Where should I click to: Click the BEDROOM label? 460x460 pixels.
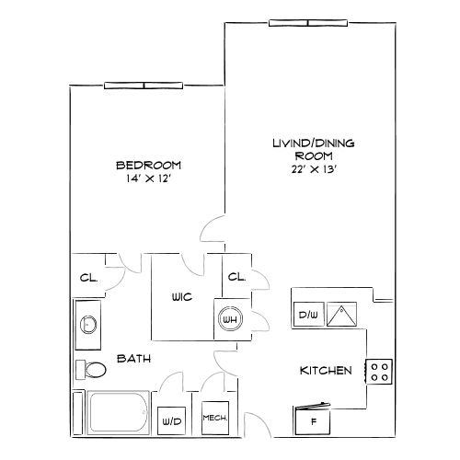[x=149, y=166]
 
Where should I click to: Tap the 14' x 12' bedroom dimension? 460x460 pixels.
[x=148, y=178]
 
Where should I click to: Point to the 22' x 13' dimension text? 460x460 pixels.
[x=315, y=169]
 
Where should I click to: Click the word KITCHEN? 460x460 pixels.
[x=326, y=371]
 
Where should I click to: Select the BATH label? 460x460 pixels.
[x=134, y=359]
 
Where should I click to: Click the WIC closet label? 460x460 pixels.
[x=182, y=297]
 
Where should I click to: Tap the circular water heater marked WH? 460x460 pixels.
[x=230, y=319]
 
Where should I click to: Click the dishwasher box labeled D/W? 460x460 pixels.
[x=308, y=315]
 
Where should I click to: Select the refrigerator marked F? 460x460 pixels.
[x=313, y=420]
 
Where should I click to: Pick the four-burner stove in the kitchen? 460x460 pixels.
[x=379, y=372]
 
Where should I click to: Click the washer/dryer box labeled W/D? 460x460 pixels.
[x=172, y=420]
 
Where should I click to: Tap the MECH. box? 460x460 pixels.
[x=215, y=418]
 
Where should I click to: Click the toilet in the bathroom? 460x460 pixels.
[x=91, y=370]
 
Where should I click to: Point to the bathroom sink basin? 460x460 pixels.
[x=88, y=325]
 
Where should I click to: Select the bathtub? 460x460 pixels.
[x=119, y=412]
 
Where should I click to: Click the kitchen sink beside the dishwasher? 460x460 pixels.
[x=341, y=314]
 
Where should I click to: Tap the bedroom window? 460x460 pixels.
[x=144, y=86]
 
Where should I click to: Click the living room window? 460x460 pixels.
[x=308, y=23]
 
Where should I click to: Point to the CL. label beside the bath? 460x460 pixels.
[x=88, y=278]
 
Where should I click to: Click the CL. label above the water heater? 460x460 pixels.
[x=236, y=277]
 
